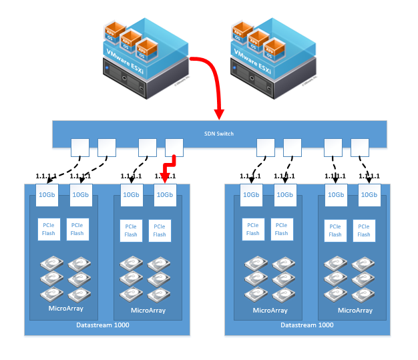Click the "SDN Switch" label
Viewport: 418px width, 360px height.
pos(218,134)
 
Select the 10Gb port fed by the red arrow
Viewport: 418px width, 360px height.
pos(164,194)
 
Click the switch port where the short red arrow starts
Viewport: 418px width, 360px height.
pos(174,146)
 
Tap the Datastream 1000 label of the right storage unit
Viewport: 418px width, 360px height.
pos(307,325)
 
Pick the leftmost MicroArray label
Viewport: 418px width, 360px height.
pos(65,309)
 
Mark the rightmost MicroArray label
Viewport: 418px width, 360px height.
pos(355,310)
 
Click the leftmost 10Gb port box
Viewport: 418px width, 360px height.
pos(47,194)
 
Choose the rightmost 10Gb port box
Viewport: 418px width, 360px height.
pos(369,194)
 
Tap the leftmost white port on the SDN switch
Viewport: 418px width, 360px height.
pos(80,146)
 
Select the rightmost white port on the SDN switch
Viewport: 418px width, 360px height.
pos(360,146)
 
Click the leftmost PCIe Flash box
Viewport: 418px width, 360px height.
pos(49,229)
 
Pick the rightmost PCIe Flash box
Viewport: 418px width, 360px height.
pos(363,230)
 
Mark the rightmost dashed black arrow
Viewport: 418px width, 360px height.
pos(365,167)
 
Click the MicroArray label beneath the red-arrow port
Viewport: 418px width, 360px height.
pos(148,310)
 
